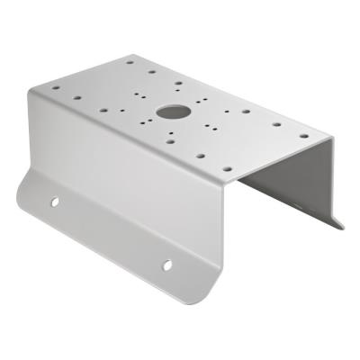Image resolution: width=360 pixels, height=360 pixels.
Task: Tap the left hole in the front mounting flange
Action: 54,202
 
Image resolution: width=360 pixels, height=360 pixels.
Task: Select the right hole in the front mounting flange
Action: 166,265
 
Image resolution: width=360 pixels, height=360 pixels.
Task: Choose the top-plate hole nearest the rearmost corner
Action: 131,64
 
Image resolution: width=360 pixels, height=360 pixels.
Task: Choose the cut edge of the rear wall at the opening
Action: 333,180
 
